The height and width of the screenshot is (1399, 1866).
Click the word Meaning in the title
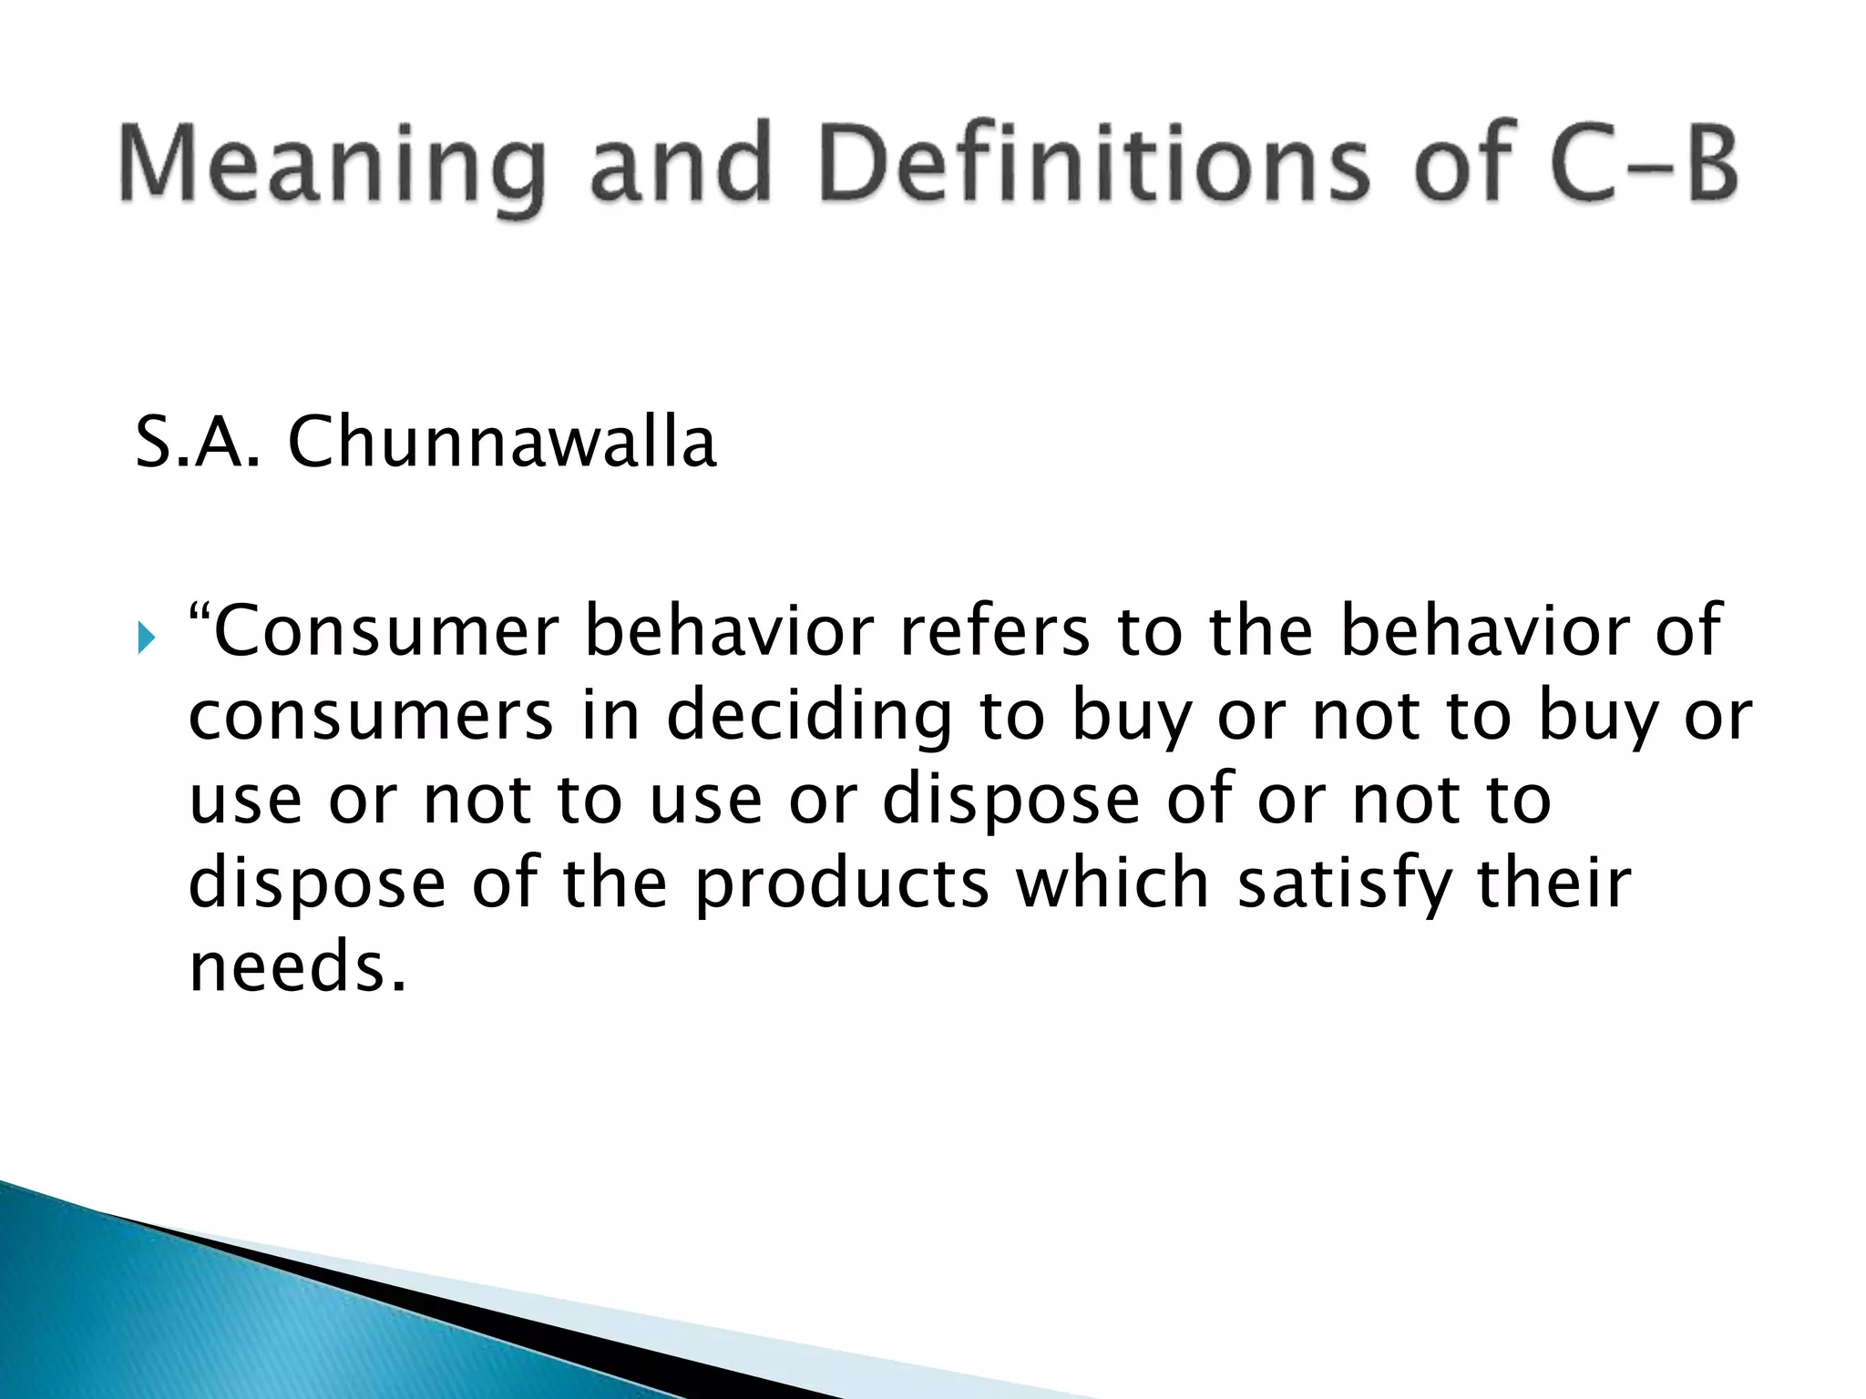(x=333, y=164)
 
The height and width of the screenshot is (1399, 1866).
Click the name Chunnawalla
(x=502, y=443)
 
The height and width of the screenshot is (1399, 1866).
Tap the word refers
(x=994, y=631)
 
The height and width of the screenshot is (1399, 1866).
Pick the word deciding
(x=809, y=716)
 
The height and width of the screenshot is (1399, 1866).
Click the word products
(x=842, y=884)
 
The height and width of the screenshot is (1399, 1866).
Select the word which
(x=1112, y=883)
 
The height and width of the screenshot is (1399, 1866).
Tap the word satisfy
(x=1345, y=884)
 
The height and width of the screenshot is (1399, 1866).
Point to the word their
(x=1553, y=883)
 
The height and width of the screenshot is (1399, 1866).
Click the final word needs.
(x=297, y=967)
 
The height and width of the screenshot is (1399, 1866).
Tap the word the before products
(x=615, y=883)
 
